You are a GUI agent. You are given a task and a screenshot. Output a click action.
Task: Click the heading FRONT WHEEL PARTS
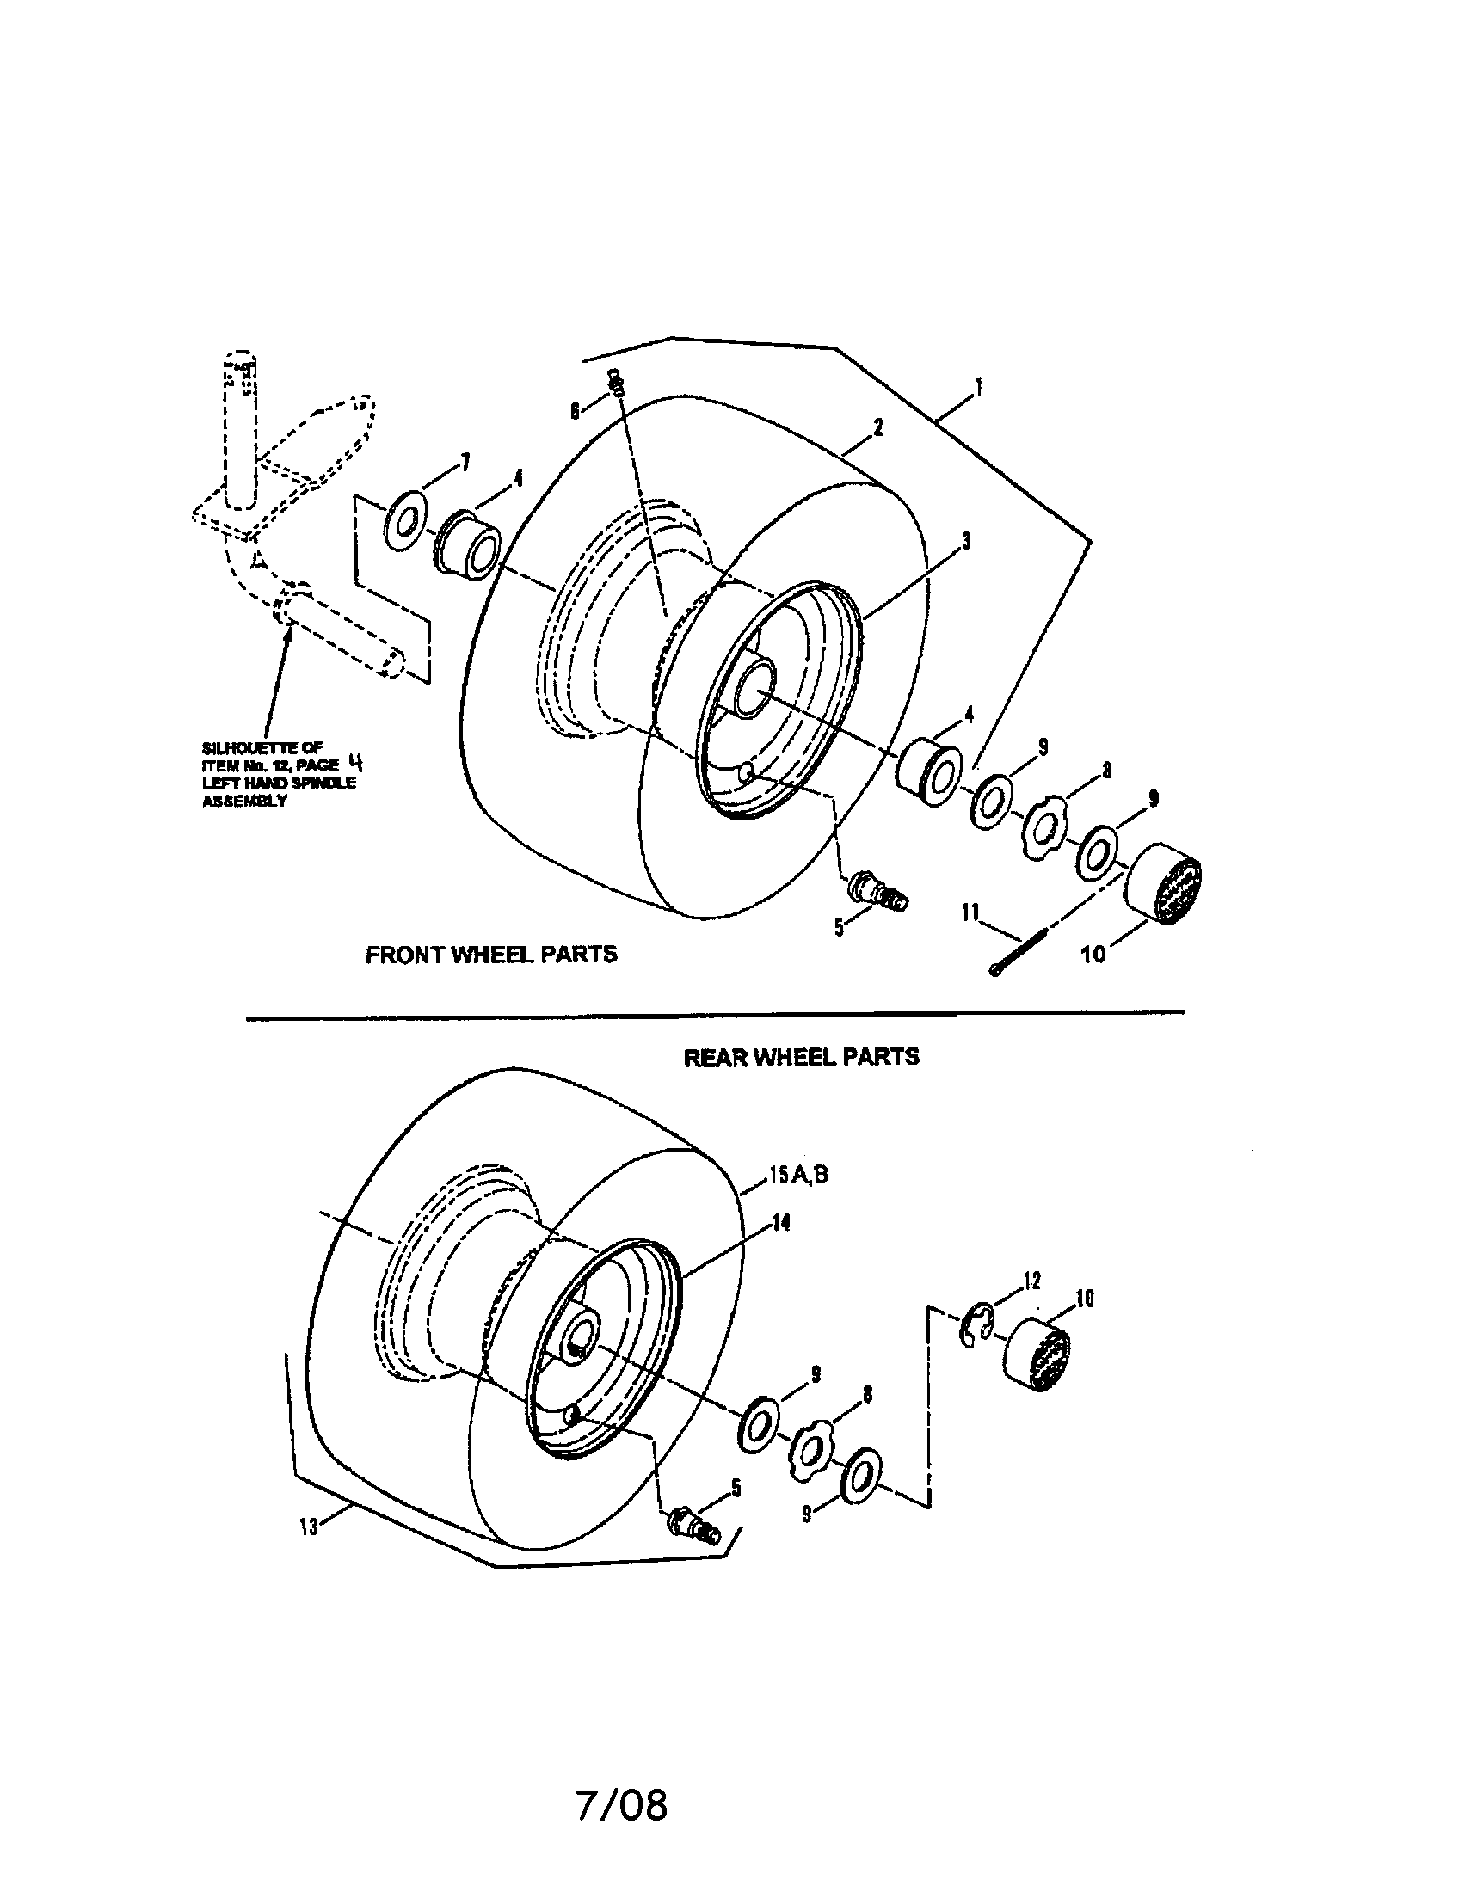click(491, 955)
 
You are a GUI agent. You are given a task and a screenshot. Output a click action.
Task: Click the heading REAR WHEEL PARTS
click(802, 1058)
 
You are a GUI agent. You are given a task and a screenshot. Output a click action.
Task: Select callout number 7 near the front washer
click(465, 464)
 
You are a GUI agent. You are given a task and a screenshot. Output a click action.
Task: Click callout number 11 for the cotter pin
click(970, 912)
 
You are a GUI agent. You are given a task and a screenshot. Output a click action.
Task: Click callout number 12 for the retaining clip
click(1031, 1280)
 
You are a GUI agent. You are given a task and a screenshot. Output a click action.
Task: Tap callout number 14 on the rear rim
click(781, 1222)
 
